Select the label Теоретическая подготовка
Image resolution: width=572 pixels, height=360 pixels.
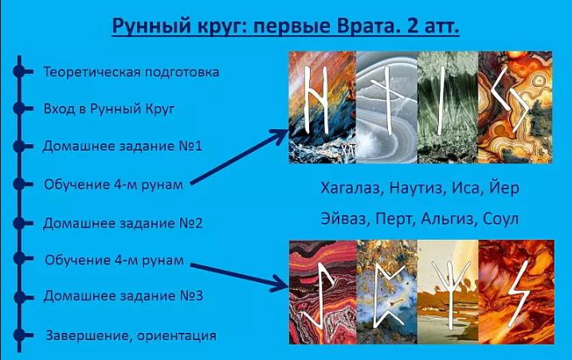(131, 72)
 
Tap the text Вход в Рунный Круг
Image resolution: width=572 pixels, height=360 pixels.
(109, 108)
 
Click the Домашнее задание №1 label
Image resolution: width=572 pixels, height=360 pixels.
(123, 147)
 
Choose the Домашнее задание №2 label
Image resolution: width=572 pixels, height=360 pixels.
(123, 223)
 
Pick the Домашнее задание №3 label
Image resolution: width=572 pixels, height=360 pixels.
(123, 296)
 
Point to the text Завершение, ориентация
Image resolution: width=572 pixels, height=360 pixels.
(131, 335)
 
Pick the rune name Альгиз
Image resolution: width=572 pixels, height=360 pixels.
(452, 217)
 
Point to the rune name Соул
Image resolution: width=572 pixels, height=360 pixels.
(502, 217)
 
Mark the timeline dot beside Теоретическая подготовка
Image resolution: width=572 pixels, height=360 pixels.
(18, 72)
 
